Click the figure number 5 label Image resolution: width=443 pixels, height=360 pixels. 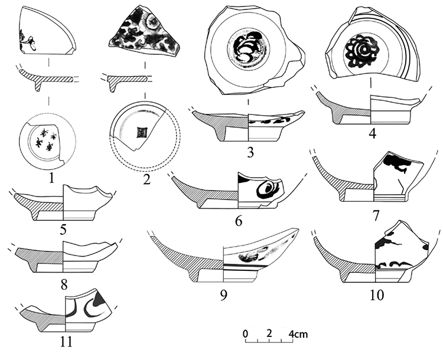(x=63, y=229)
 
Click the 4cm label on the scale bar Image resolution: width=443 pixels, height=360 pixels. (x=298, y=334)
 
